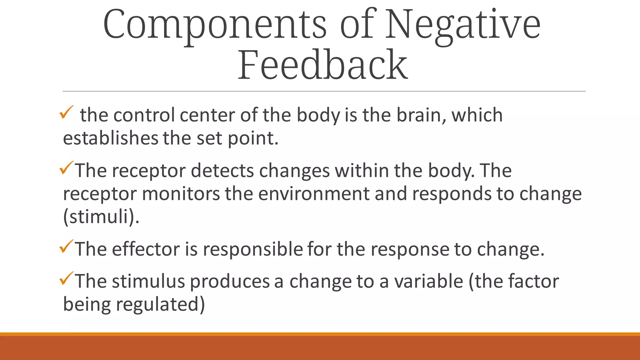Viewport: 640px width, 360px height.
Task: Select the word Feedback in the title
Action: [322, 65]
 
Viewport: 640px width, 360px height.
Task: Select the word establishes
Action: [111, 138]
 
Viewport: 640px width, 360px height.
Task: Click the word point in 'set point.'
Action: [252, 138]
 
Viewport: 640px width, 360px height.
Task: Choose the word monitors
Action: [181, 194]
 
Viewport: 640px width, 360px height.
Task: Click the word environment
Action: [314, 194]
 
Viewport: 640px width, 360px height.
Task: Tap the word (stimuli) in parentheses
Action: [101, 217]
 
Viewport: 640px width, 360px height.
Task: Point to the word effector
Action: [146, 249]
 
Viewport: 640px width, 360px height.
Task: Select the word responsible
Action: [253, 249]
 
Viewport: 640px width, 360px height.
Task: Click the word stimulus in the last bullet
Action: [148, 281]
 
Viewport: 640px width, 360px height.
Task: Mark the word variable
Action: [428, 281]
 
